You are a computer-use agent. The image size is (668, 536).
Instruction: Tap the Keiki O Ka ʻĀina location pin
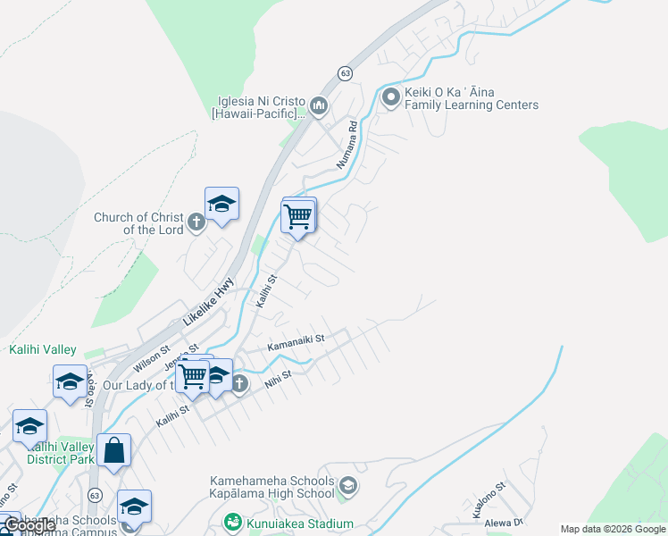(390, 97)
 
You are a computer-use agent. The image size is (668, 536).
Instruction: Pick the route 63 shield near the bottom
(96, 494)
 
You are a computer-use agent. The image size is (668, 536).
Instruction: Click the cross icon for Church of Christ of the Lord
(196, 222)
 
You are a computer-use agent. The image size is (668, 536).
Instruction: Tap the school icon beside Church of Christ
(221, 205)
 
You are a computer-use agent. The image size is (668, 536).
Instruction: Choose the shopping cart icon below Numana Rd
(298, 215)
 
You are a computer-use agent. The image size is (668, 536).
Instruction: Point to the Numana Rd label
(347, 145)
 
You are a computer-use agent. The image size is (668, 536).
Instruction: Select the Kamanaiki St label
(296, 342)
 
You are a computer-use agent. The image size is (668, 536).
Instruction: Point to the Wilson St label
(151, 357)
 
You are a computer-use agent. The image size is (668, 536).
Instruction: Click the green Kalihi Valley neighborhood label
(43, 349)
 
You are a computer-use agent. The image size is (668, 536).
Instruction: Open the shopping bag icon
(114, 451)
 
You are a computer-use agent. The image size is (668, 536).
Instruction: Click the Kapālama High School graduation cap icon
(347, 487)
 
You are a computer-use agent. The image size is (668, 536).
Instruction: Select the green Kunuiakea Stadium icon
(233, 523)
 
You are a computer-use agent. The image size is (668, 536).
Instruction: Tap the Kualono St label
(490, 498)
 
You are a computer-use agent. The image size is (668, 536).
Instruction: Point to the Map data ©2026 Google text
(613, 529)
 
